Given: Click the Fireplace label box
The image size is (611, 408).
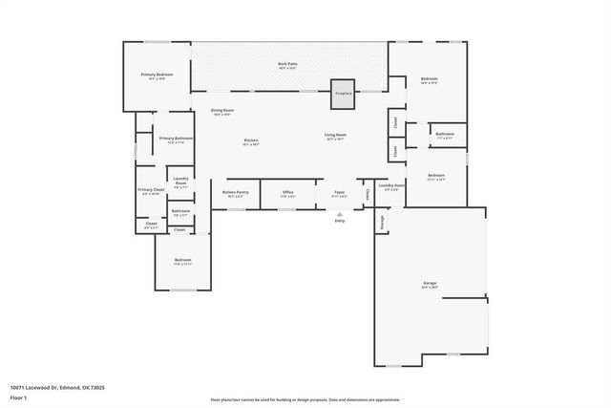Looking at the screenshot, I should coord(342,93).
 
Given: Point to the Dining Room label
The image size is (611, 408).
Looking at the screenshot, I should coord(222,112).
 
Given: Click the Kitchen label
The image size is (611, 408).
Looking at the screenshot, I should coord(251,141).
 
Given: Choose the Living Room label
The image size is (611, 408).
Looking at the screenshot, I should coord(335,137).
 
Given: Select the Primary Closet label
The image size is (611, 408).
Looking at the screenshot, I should coord(151,191).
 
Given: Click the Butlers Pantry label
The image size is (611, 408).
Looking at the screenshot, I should coord(236,193).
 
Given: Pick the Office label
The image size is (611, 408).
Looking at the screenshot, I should coord(287,193).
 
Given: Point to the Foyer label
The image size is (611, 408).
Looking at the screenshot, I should coord(339,193).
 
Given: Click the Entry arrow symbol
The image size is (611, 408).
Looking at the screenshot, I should coord(339,214).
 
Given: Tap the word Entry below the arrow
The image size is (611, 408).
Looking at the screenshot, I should coord(339,221).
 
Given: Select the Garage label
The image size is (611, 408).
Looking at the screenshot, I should coord(430,284).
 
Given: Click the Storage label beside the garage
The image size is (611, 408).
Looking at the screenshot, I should coord(381,222).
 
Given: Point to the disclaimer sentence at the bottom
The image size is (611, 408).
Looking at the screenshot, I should coord(305,399).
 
